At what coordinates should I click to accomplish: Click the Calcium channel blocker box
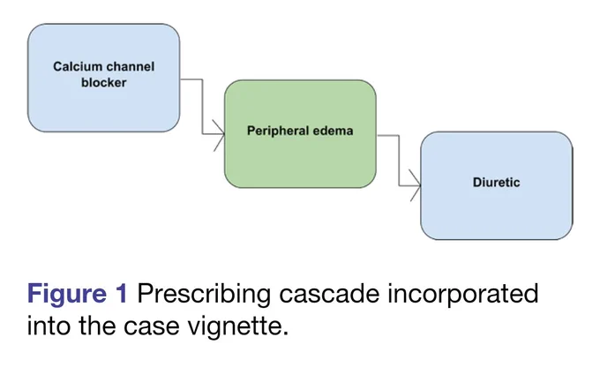[104, 78]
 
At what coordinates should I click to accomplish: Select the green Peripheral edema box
[300, 133]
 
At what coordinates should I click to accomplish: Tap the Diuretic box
[497, 185]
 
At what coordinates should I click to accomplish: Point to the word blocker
[104, 83]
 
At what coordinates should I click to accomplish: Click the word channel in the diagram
[131, 66]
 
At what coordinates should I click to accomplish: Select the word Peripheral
[278, 131]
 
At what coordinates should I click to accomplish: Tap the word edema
[333, 131]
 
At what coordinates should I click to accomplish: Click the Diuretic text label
[496, 183]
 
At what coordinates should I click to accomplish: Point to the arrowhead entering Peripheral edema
[220, 135]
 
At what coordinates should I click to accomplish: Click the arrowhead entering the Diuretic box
[416, 185]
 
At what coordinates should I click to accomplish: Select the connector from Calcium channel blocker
[202, 107]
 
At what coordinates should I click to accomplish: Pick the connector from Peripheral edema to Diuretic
[399, 161]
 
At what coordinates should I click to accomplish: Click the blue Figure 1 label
[77, 295]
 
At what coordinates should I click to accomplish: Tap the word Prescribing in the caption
[205, 295]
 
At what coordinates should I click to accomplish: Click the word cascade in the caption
[329, 294]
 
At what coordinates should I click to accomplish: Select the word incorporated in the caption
[463, 295]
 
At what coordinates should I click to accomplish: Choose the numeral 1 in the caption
[121, 294]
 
